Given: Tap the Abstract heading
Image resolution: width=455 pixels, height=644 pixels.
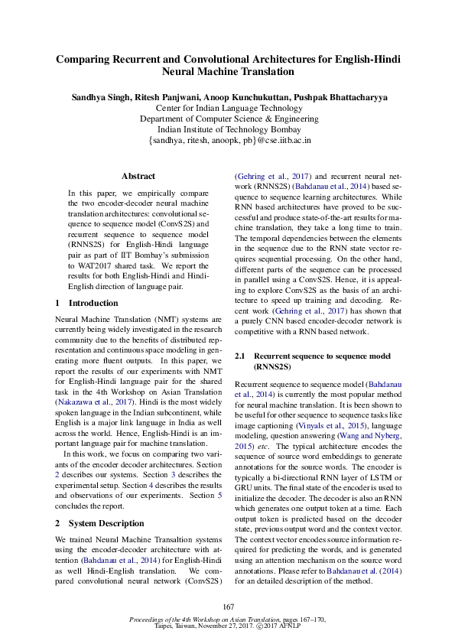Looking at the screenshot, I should pyautogui.click(x=138, y=176).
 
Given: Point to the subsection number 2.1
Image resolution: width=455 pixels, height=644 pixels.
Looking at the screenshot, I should pyautogui.click(x=239, y=356).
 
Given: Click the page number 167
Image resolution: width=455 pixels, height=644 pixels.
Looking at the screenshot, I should pyautogui.click(x=228, y=607).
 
